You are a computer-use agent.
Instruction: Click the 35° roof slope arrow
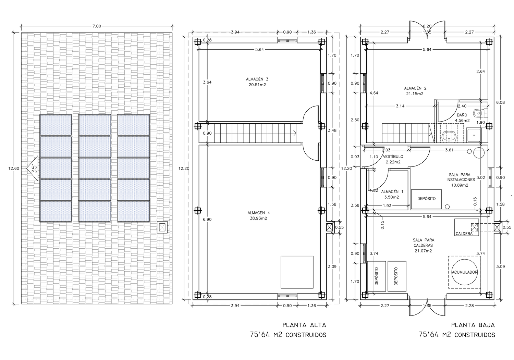pos(32,169)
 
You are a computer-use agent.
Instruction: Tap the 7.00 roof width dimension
pos(97,26)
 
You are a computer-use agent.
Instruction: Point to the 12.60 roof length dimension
pos(14,169)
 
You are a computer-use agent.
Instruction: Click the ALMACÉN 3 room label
pos(257,79)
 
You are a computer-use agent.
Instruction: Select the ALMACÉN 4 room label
pos(258,213)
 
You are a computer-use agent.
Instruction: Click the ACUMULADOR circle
pos(464,272)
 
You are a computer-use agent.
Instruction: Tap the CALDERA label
pos(464,234)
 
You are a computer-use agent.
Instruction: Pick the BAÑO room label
pos(462,115)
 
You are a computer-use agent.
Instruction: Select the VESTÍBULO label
pos(393,157)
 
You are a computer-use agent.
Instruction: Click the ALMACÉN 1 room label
pos(392,191)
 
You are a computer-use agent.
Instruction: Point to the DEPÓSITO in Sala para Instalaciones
pos(426,199)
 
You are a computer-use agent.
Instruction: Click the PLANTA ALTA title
pos(304,325)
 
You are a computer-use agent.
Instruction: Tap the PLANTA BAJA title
pos(473,325)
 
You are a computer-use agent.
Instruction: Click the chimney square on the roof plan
pos(162,227)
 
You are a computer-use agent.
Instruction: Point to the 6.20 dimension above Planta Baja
pos(427,26)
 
